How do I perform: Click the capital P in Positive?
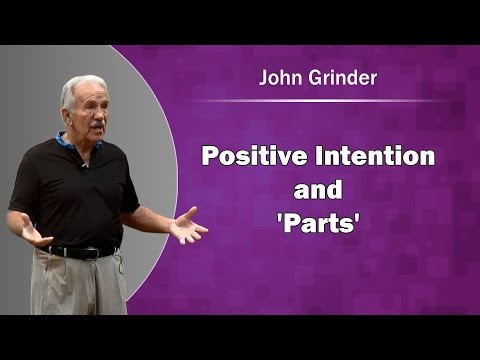[211, 157]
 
